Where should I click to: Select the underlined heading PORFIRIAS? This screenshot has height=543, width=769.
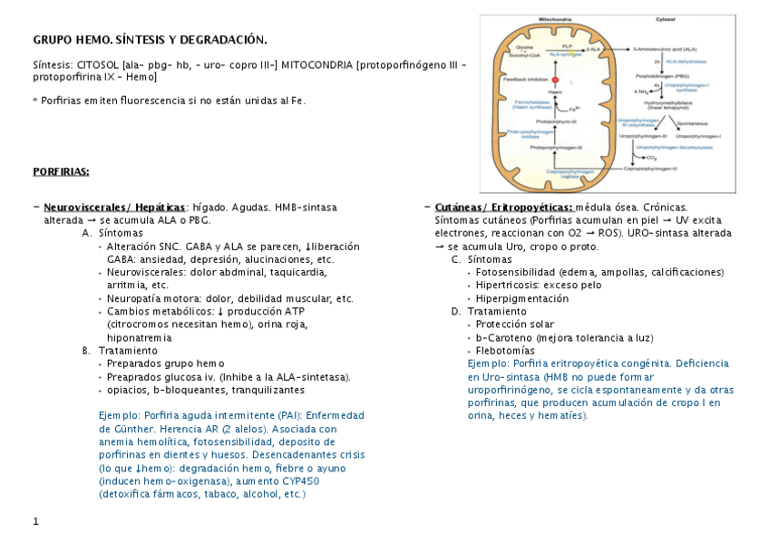coord(61,170)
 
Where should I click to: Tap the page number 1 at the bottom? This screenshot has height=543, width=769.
coord(35,521)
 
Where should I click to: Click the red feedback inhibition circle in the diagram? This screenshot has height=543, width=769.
coord(555,81)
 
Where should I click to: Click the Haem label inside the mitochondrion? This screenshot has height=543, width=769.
coord(555,93)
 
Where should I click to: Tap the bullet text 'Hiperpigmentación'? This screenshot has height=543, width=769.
coord(521,297)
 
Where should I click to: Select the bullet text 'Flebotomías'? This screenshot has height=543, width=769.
coord(505,350)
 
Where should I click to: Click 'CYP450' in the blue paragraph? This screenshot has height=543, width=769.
coord(289,481)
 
